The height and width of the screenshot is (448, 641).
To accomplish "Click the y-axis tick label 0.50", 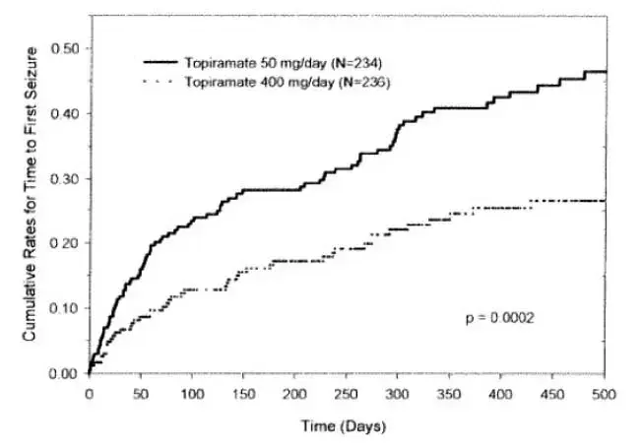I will coord(64,48).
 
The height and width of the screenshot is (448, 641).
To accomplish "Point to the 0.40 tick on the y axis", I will coord(64,113).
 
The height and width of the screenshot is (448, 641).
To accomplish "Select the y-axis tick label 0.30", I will coord(64,178).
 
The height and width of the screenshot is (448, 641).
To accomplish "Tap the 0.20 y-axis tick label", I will coord(64,243).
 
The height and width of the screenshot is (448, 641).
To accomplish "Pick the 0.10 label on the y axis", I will coord(64,308).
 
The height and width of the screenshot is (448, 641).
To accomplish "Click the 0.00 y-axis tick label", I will coord(64,373).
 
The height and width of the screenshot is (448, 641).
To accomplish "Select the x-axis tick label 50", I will coord(141,393).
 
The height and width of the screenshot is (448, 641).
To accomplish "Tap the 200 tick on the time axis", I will coord(295,393).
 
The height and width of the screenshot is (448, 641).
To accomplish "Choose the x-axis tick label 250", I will coord(347,393).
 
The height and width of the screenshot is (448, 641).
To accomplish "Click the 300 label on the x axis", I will coord(398,393).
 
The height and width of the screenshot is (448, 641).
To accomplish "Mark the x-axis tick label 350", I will coord(450,393).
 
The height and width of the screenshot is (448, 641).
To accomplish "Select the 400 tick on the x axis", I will coord(501,393).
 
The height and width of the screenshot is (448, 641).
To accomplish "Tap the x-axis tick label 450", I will coord(552,393).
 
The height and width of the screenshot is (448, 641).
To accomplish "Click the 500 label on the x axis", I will coord(604,393).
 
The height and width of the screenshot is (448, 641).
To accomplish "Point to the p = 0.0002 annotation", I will coord(499,317).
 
